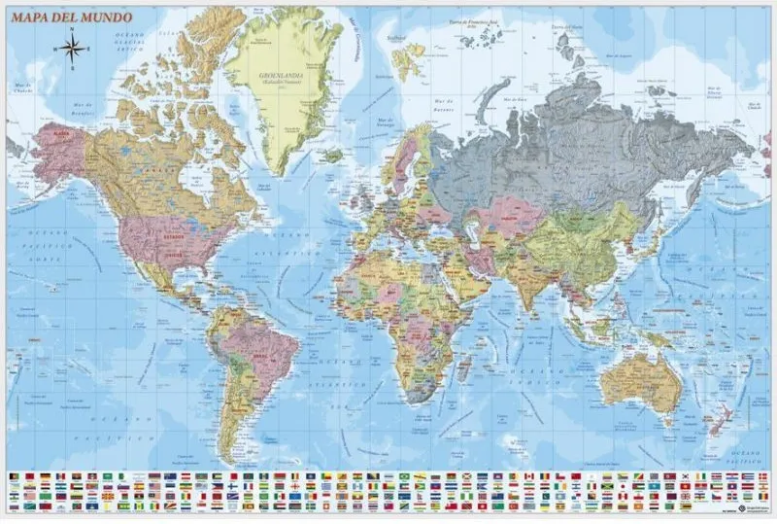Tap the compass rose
tap(72, 45)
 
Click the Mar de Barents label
tap(445, 102)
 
